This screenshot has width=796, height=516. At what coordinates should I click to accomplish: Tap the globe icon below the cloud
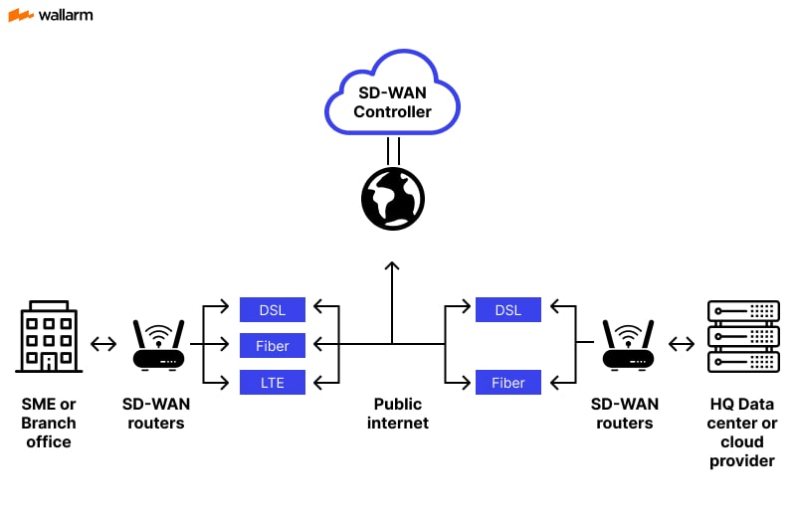click(x=392, y=198)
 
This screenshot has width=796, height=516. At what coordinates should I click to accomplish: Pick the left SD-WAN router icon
click(x=159, y=345)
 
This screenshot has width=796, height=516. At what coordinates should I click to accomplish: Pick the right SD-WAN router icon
click(x=628, y=345)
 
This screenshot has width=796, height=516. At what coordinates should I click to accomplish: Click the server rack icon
click(x=742, y=336)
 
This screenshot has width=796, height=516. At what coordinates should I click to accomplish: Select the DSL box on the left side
click(x=273, y=309)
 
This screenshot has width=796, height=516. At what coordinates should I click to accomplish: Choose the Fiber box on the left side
click(x=273, y=345)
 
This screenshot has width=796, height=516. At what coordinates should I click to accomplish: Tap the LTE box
click(x=273, y=381)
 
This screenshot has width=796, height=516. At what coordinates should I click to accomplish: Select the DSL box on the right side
click(x=507, y=309)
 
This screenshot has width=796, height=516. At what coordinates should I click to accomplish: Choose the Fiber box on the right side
click(x=507, y=382)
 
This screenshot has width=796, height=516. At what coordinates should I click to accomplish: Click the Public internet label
click(x=398, y=414)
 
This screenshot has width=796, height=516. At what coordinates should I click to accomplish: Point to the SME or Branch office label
click(x=49, y=423)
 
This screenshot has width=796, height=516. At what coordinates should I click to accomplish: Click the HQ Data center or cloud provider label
click(x=742, y=432)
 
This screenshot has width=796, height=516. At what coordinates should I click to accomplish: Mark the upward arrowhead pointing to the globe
click(x=392, y=267)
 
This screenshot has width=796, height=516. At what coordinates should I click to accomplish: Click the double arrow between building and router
click(x=103, y=345)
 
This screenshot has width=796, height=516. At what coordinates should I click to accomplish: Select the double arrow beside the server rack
click(x=682, y=345)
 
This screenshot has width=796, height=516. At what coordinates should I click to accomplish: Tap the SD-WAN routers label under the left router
click(x=156, y=414)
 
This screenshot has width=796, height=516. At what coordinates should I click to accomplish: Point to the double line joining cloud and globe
click(x=392, y=151)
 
